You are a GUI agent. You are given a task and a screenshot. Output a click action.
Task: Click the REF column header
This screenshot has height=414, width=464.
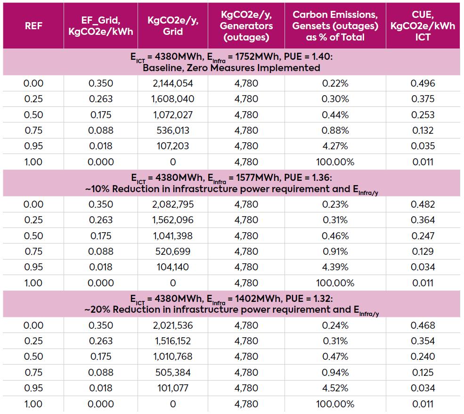[x=33, y=25]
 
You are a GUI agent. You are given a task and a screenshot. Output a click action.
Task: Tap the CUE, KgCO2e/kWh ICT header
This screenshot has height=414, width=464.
[x=423, y=25]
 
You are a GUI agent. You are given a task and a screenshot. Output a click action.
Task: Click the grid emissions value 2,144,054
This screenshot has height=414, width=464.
[x=172, y=83]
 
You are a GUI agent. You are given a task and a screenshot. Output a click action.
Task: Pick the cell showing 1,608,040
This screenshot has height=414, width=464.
[x=172, y=99]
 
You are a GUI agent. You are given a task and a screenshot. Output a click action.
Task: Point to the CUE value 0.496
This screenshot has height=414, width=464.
[x=423, y=83]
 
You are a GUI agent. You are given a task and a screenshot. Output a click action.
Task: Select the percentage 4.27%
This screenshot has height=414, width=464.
[x=335, y=146]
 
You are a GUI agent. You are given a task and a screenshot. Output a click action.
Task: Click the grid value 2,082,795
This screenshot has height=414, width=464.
[x=172, y=204]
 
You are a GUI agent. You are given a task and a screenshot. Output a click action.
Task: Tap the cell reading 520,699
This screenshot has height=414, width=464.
[x=172, y=252]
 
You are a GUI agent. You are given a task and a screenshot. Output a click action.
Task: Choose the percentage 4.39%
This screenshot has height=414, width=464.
[x=335, y=267]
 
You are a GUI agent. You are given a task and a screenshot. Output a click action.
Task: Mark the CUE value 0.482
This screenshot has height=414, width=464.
[x=423, y=204]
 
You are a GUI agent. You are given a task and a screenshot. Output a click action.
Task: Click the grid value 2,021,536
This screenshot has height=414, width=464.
[x=172, y=325]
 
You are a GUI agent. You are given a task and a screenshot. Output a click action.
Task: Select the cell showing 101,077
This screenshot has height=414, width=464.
[x=172, y=388]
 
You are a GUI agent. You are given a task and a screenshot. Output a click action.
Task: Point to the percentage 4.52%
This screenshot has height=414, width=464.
[x=335, y=388]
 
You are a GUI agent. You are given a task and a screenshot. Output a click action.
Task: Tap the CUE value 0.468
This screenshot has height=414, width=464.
[x=423, y=325]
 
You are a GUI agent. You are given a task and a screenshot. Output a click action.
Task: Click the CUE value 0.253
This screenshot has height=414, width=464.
[x=423, y=115]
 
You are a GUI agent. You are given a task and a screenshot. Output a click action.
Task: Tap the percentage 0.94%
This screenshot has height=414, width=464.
[x=335, y=373]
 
